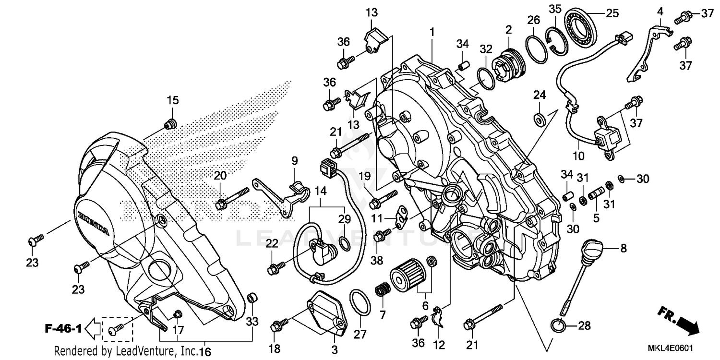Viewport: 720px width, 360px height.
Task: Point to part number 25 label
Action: [x=612, y=13]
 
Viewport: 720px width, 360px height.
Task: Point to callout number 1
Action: [x=432, y=32]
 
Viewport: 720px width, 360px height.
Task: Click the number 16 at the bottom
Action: [x=205, y=352]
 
